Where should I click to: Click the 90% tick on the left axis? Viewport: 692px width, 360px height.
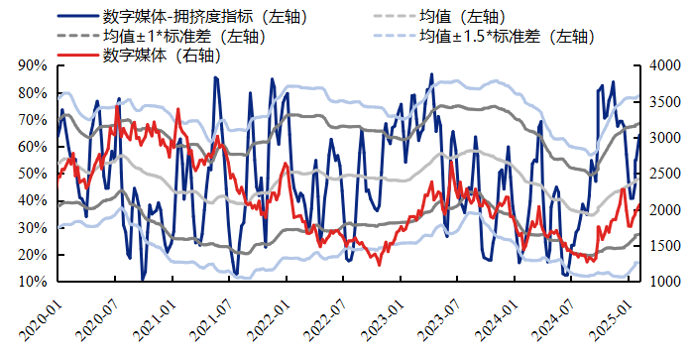33,65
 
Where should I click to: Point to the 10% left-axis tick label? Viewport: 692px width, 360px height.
33,282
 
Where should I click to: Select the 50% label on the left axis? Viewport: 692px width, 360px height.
33,174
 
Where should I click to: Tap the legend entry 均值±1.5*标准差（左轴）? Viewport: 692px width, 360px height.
506,37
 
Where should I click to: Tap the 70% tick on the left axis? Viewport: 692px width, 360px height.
33,119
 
